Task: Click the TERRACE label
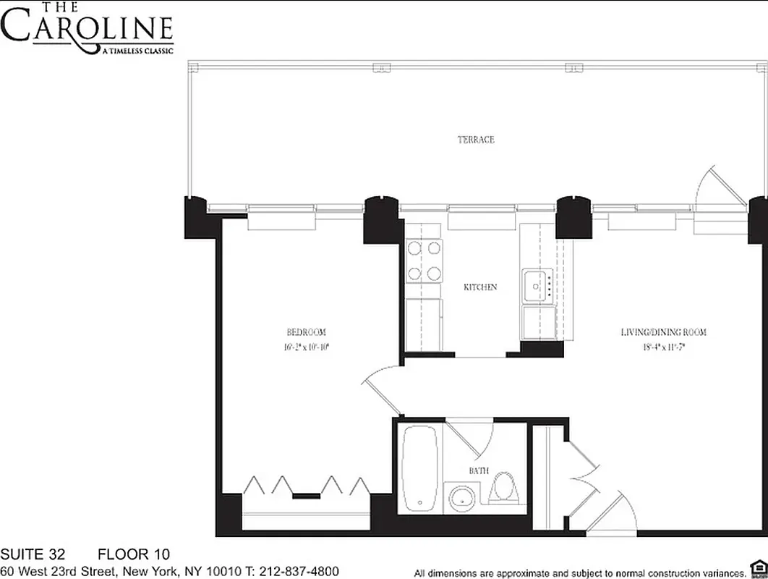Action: [476, 140]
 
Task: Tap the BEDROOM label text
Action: [307, 332]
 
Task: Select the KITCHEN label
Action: [480, 287]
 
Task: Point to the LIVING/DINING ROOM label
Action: [663, 332]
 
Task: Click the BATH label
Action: [479, 471]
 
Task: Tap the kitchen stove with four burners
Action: [424, 261]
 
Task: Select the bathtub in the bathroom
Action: [419, 468]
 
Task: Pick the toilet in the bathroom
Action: [505, 489]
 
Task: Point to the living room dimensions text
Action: [663, 347]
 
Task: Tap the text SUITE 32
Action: [33, 555]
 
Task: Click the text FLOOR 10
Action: [134, 555]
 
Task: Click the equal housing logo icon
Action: [757, 566]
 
